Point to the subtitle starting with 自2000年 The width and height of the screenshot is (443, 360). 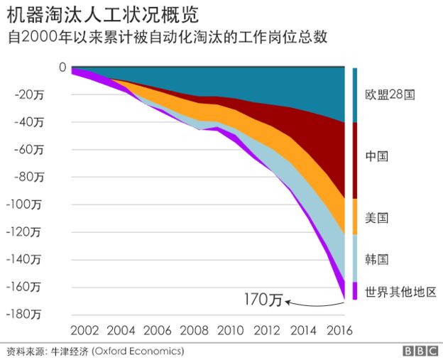click(168, 37)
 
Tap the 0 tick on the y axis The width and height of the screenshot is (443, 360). click(62, 67)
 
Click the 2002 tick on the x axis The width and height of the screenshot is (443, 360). click(84, 331)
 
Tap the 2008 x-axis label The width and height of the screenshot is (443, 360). click(195, 331)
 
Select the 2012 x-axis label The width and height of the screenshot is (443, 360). click(268, 331)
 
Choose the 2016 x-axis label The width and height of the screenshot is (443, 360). click(339, 331)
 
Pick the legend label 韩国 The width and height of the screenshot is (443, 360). click(376, 258)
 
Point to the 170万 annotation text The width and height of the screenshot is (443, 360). click(263, 300)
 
